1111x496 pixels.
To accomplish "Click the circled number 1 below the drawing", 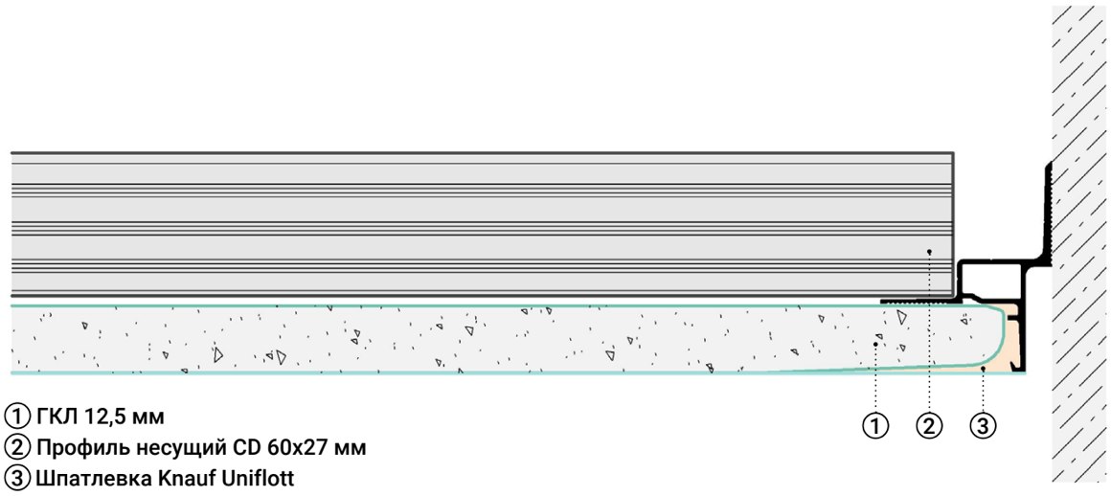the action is click(x=875, y=425).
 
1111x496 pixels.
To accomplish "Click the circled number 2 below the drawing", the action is click(x=929, y=425).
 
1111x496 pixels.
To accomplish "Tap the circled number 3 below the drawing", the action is click(x=984, y=425).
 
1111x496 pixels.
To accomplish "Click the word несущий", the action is click(x=175, y=448).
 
